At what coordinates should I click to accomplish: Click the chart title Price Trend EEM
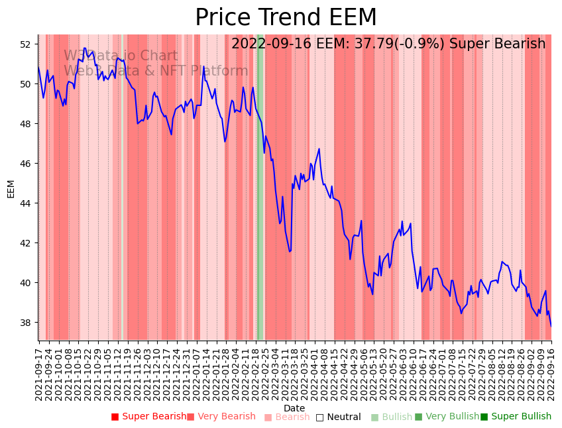[x=286, y=18]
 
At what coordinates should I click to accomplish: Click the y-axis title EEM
[x=11, y=189]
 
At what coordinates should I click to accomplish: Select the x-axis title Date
[x=294, y=408]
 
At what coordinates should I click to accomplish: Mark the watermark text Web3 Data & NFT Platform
[x=156, y=71]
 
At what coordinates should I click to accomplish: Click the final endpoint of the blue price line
[x=551, y=326]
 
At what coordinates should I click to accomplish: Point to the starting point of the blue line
[x=38, y=68]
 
